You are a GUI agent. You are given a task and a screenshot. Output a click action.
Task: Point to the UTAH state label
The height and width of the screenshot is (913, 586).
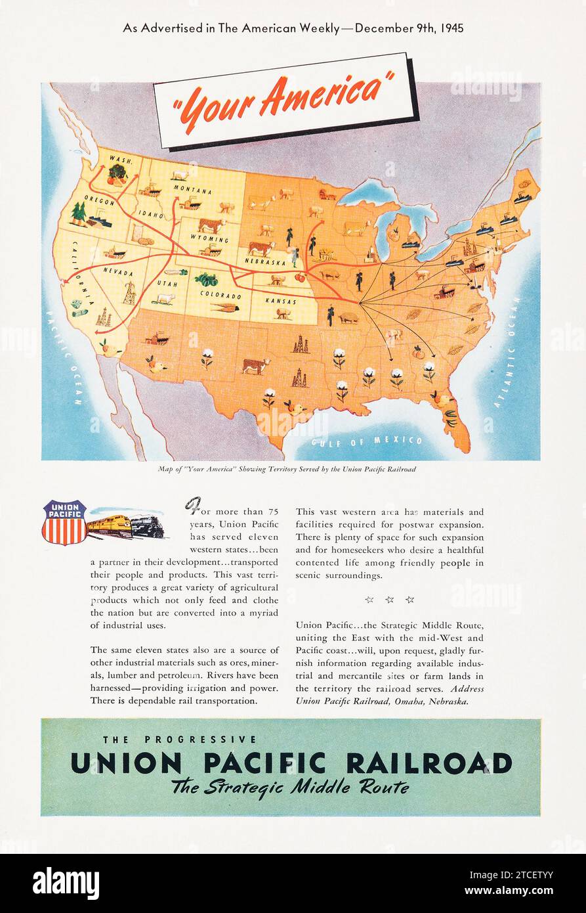163,283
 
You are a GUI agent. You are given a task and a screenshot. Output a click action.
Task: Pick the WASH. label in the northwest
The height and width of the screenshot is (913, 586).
121,160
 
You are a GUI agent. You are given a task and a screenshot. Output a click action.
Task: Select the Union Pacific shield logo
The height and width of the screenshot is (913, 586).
64,522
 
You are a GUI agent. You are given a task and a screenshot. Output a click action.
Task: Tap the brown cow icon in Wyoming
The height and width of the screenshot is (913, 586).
211,225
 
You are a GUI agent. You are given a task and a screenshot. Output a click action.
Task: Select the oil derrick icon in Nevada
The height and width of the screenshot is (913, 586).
129,293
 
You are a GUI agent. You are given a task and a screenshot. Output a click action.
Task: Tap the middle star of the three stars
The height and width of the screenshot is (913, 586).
389,600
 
